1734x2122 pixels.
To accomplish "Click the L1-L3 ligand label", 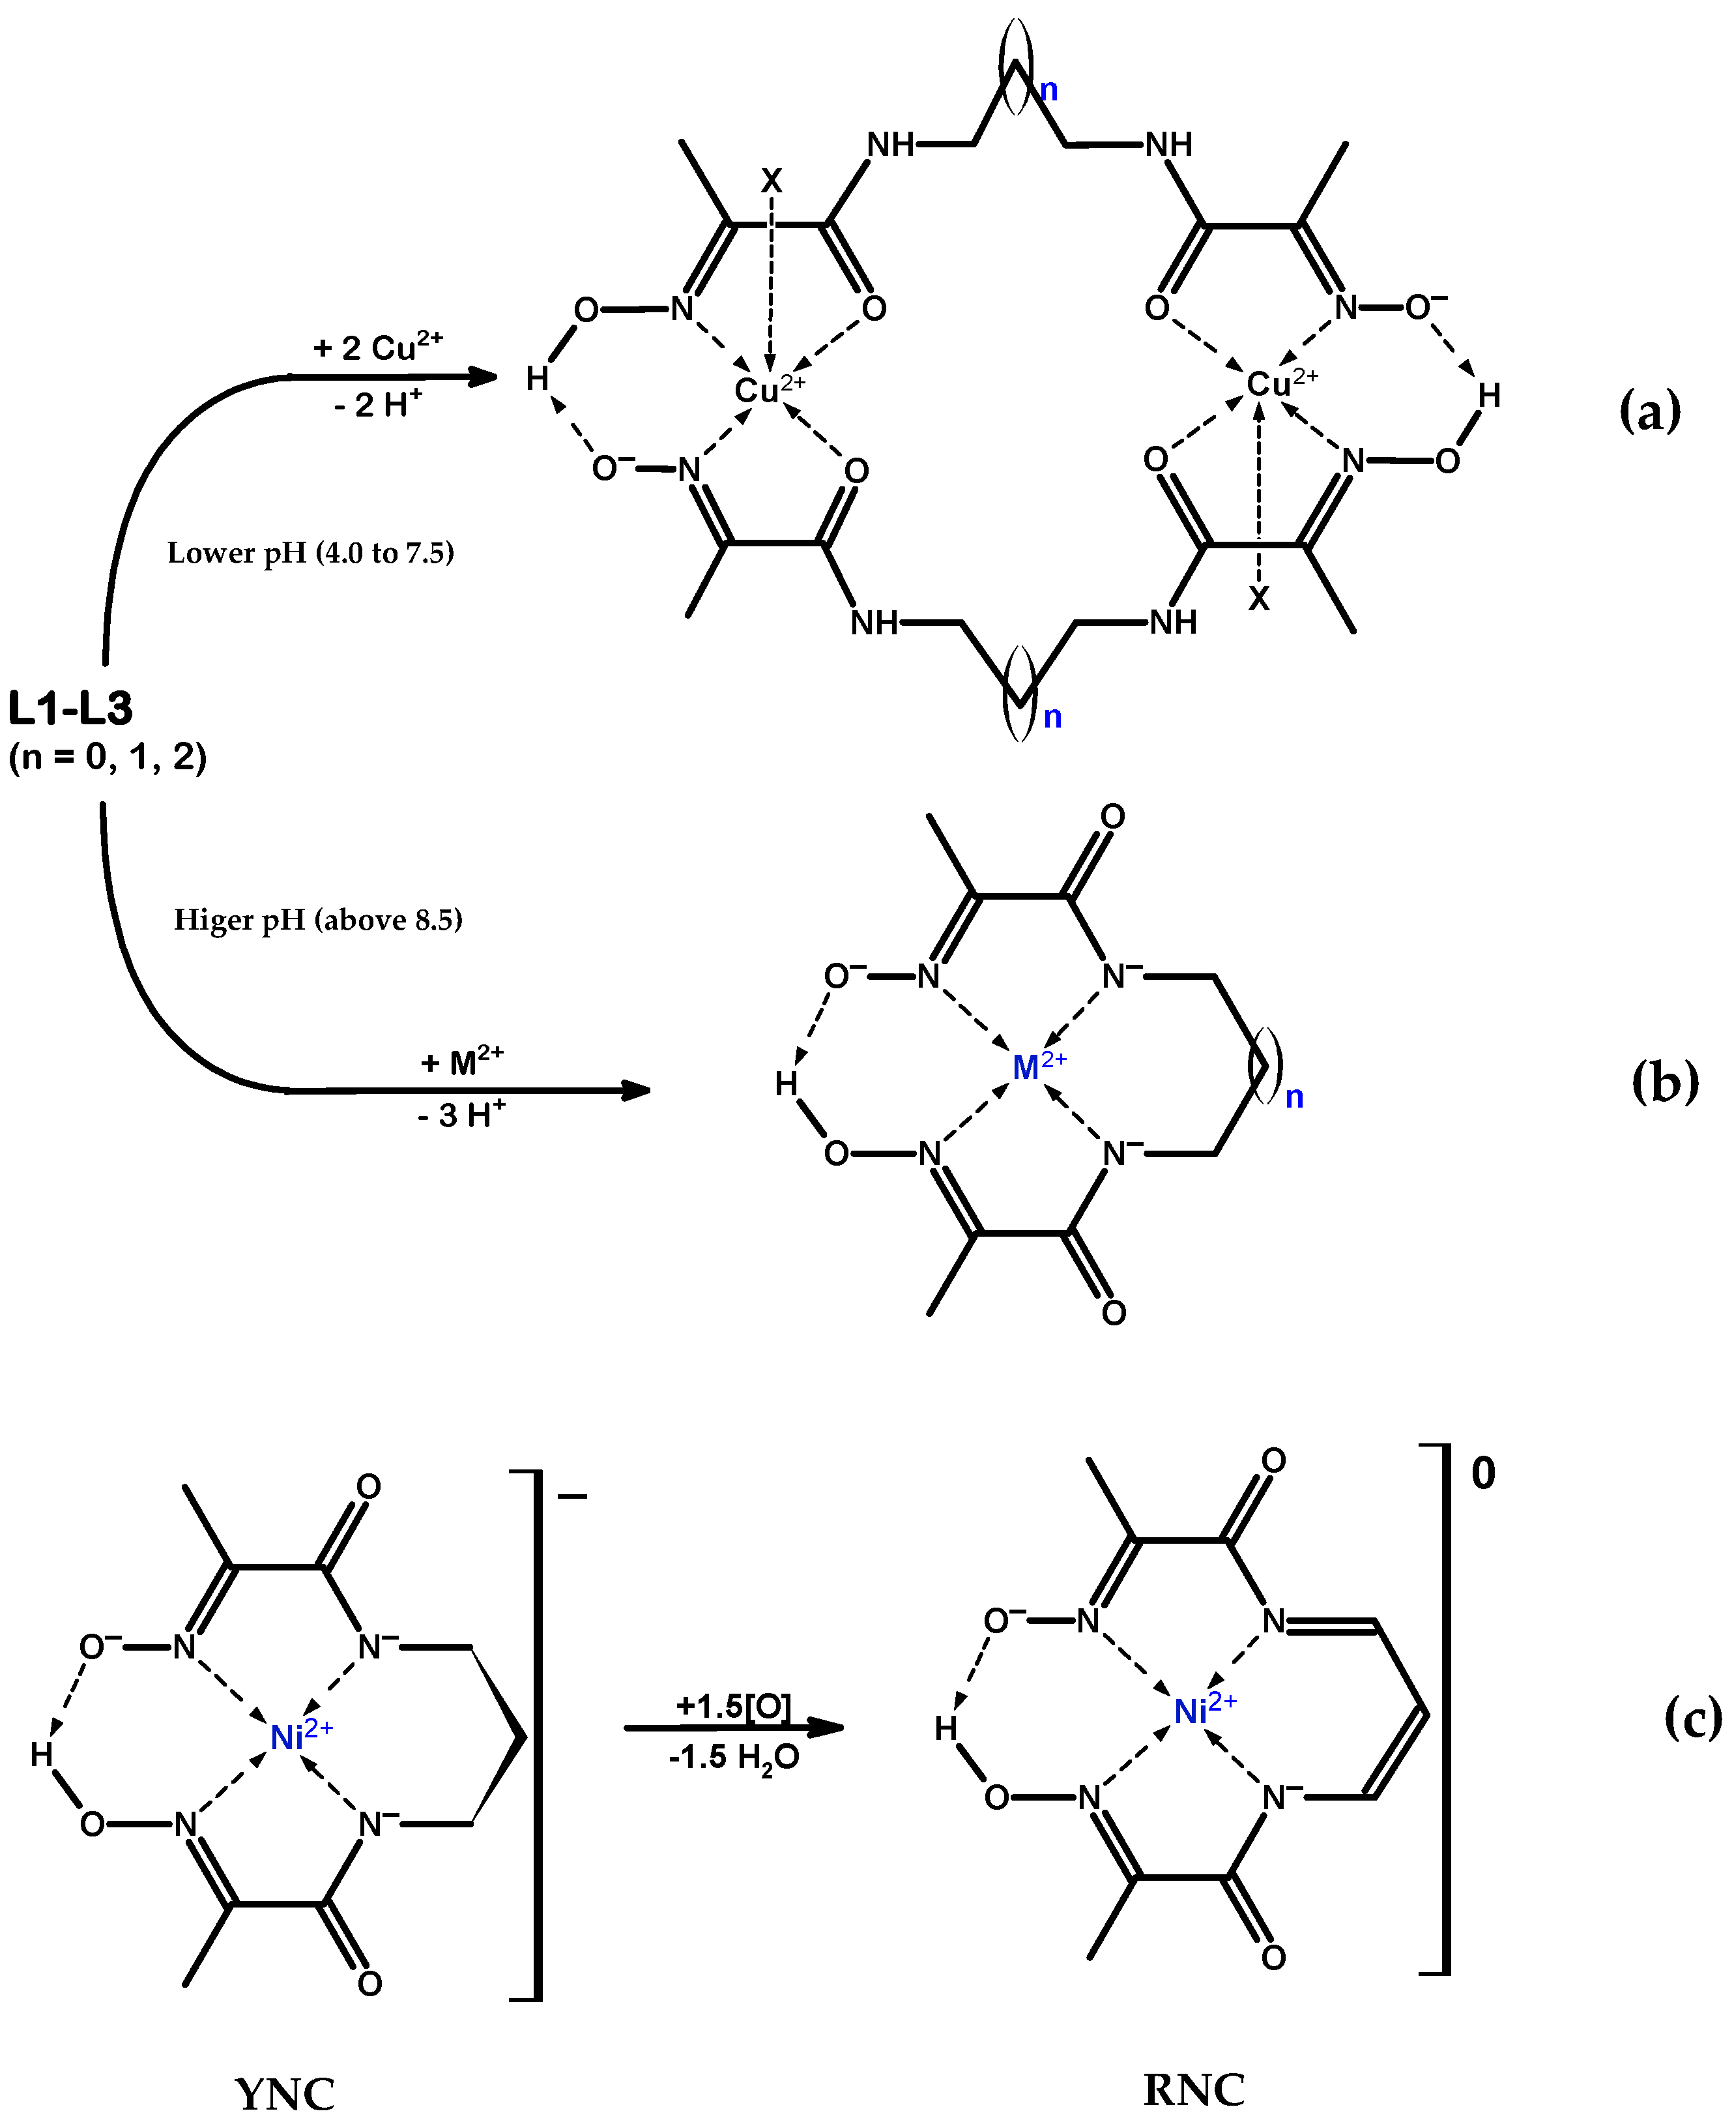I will point(70,709).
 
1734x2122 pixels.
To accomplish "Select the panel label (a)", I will point(1649,411).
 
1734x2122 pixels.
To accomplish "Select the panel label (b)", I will point(1664,1082).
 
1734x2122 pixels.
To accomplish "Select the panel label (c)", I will point(1692,1717).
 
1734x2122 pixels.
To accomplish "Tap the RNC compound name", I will point(1194,2089).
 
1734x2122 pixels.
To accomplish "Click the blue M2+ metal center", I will point(1039,1065).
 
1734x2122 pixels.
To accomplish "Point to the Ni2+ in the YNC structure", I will point(300,1735).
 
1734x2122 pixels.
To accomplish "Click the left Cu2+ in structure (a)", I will point(769,389).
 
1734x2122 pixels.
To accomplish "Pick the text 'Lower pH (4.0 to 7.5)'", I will point(311,552).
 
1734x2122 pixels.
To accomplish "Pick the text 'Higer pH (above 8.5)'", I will point(317,919).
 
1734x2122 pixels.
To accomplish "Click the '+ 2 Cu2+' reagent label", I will point(377,346).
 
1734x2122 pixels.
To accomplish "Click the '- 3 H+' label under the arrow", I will point(461,1113).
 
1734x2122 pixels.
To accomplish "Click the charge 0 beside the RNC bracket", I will point(1482,1473).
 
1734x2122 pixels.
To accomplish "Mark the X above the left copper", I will point(771,181).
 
